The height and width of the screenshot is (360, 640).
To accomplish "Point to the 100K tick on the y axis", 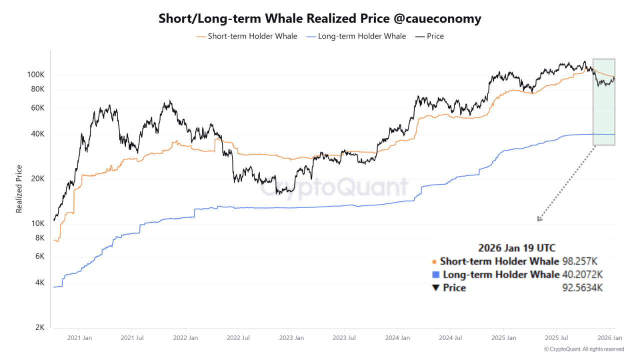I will (x=35, y=75).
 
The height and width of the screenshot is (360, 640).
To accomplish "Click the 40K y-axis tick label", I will (x=37, y=134).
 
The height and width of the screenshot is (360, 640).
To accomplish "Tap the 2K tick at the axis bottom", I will (x=39, y=327).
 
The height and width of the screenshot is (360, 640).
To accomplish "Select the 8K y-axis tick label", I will (x=39, y=237).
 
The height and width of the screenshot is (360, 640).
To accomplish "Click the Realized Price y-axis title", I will (x=19, y=189).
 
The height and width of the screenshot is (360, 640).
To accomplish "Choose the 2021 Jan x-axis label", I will (x=78, y=338).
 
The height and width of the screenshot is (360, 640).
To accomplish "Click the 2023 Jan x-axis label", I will (x=291, y=338).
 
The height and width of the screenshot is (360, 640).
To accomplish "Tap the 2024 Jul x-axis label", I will (x=450, y=338).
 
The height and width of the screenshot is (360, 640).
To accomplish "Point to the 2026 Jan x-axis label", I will (x=610, y=338).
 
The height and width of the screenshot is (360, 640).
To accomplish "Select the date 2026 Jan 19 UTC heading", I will (x=516, y=247).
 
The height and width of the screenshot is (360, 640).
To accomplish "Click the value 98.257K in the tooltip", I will (x=580, y=261).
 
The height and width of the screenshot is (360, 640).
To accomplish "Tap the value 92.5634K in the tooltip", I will (x=582, y=287).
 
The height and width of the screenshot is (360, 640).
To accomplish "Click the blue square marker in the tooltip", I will (x=435, y=274).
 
